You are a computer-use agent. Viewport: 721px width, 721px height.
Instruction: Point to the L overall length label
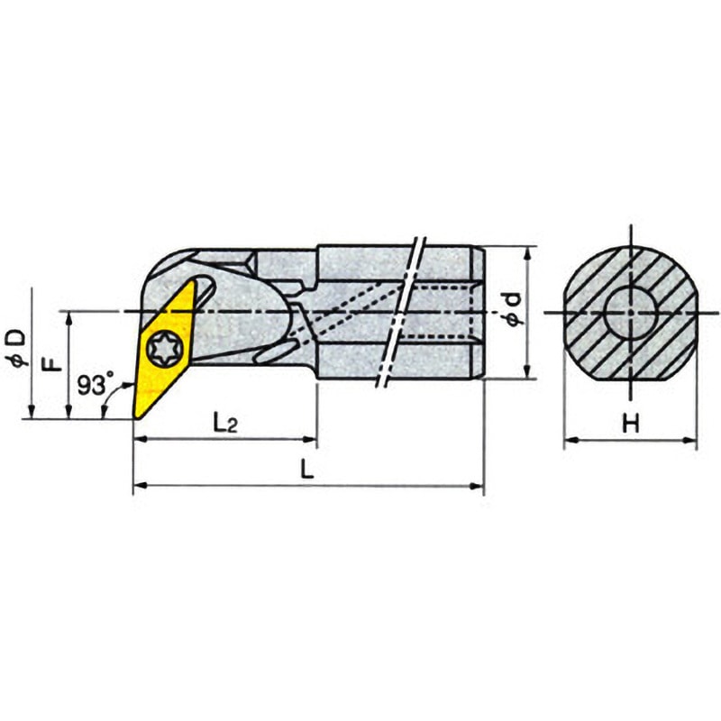[x=308, y=470]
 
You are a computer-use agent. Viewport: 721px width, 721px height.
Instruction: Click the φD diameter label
[x=20, y=347]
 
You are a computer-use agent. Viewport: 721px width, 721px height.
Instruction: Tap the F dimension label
[x=54, y=366]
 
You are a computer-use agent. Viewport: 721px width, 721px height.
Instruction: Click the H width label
[x=631, y=424]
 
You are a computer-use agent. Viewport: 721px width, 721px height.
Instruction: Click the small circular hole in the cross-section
[x=630, y=312]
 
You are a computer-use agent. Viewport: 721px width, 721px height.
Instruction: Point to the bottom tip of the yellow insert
[x=136, y=417]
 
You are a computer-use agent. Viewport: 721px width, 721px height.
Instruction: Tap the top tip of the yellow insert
[x=195, y=280]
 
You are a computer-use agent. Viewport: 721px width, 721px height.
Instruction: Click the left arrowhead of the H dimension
[x=569, y=442]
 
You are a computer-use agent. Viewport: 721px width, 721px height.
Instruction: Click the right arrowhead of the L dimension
[x=479, y=488]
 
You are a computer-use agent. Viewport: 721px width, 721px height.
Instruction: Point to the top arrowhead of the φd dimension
[x=526, y=251]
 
